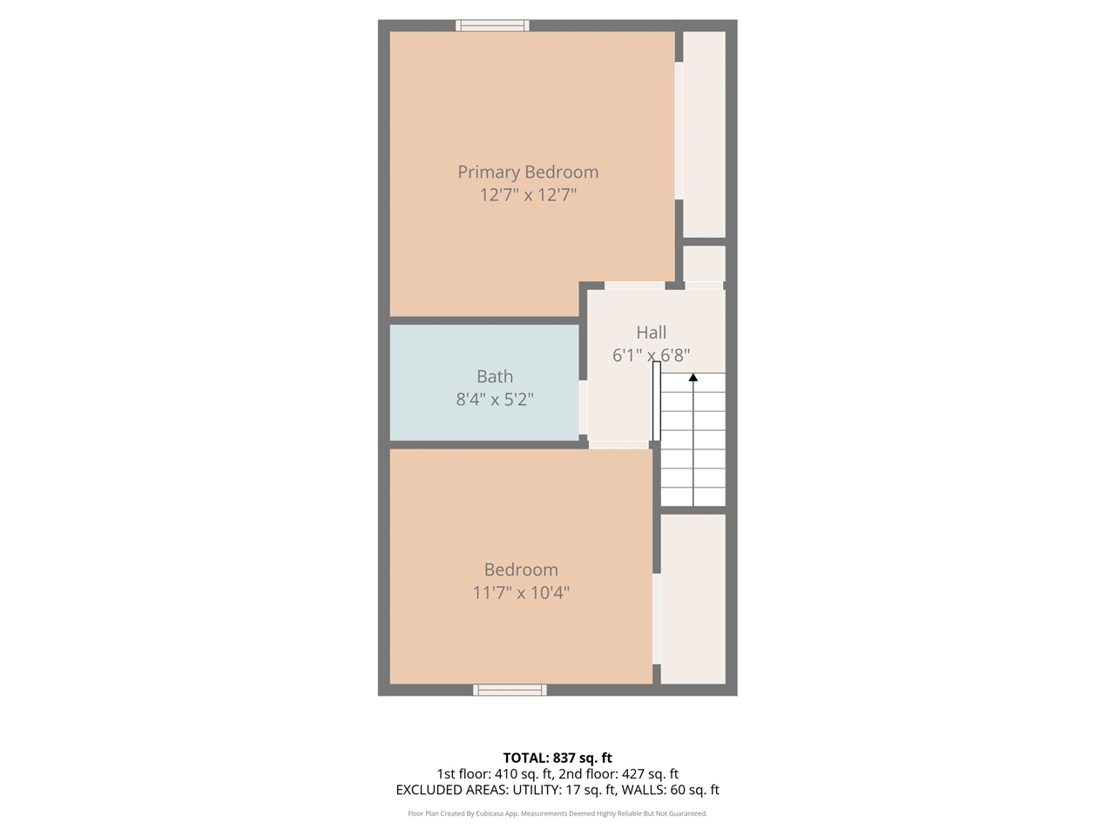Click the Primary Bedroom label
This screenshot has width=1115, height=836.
pos(528,172)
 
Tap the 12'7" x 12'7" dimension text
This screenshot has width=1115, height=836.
pos(528,195)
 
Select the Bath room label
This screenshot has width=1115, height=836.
pos(494,377)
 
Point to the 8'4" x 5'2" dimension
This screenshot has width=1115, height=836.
pos(494,400)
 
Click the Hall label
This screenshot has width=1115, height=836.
pos(651,333)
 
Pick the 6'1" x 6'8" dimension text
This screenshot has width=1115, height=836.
pos(651,355)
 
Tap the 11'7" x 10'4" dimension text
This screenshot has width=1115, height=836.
pos(521,593)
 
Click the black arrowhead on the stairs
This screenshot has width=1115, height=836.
pos(693,378)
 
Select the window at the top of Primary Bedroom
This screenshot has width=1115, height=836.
pos(492,25)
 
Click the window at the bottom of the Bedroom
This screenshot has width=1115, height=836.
pos(510,690)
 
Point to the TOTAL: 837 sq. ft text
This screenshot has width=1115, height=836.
pos(557,758)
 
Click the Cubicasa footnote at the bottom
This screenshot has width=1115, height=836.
pos(557,813)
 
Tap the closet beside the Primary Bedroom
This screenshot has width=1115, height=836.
pos(704,134)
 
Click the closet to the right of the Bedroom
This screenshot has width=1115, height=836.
pos(693,599)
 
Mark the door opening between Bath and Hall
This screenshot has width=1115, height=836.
pos(583,408)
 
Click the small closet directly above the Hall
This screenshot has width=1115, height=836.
pos(704,263)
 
